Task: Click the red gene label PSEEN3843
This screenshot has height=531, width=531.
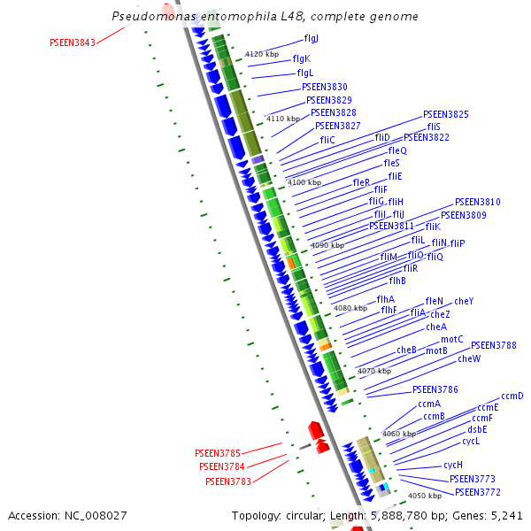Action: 73,42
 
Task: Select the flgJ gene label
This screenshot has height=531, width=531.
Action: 312,39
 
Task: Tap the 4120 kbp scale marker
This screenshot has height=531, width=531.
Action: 261,55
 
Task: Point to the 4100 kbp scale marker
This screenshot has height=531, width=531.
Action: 304,182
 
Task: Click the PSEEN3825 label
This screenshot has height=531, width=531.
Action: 446,115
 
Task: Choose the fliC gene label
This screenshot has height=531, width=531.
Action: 327,140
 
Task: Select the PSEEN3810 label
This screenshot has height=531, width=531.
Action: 478,203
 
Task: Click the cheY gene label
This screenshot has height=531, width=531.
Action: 464,301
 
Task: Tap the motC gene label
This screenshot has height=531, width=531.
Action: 452,339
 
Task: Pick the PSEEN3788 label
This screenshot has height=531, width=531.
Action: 494,345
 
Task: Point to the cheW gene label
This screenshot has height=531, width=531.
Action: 469,358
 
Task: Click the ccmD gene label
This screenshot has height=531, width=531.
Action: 512,396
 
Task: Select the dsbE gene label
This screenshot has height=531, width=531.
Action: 476,429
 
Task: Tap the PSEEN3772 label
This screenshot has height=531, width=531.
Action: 478,492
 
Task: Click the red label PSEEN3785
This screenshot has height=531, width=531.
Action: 218,453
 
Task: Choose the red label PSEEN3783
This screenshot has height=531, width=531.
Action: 228,481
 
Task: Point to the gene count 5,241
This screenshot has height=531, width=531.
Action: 506,515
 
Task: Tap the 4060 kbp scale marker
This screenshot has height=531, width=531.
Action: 398,434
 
